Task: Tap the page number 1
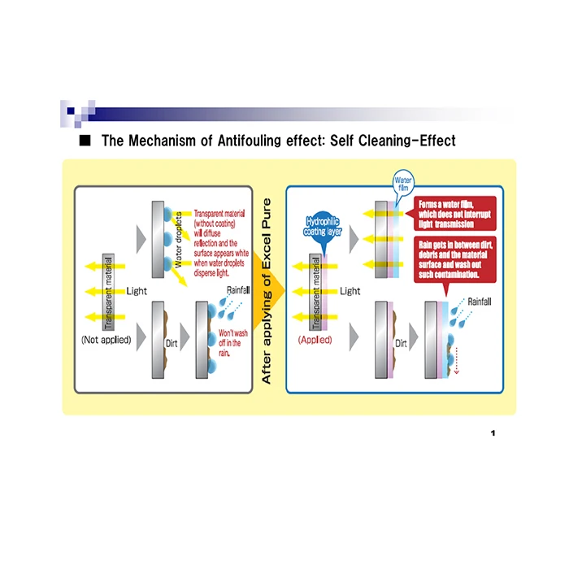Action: tap(493, 432)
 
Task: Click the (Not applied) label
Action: tap(106, 340)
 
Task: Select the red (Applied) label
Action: tap(315, 340)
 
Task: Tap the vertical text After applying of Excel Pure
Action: tap(267, 290)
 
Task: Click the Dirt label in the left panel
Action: tap(172, 344)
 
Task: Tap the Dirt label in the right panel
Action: tap(401, 344)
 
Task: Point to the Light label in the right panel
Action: tap(350, 291)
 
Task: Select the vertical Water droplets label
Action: tap(179, 236)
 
